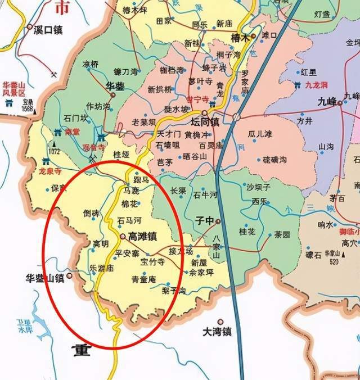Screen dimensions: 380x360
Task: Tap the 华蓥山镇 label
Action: click(x=44, y=277)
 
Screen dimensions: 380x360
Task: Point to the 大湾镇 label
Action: click(x=217, y=332)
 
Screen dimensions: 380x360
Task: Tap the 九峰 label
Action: click(x=326, y=102)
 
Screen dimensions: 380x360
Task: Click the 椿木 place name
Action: click(x=240, y=37)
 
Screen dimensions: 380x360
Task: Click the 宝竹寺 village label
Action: click(x=152, y=261)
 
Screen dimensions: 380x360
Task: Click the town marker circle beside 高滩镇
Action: click(x=122, y=236)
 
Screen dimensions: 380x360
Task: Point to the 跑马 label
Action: click(x=141, y=179)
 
